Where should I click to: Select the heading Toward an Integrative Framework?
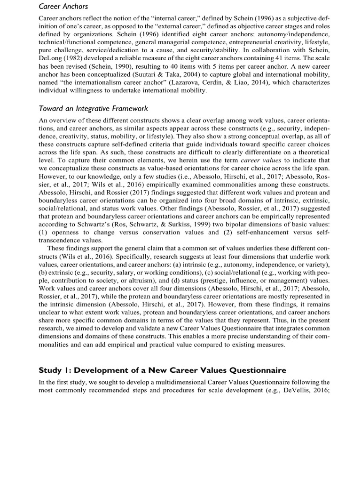click(x=93, y=109)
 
